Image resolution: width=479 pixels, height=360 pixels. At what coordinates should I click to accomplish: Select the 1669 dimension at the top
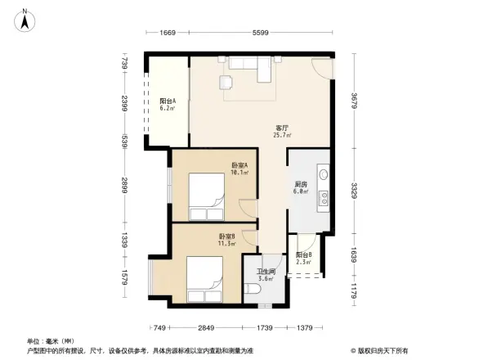click(168, 33)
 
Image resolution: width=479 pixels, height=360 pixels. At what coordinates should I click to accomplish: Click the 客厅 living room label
click(282, 128)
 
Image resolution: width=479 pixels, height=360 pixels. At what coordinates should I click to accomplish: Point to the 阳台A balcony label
click(167, 101)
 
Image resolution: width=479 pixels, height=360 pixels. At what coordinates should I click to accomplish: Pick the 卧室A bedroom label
click(239, 164)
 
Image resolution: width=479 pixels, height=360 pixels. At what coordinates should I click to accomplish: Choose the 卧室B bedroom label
click(227, 236)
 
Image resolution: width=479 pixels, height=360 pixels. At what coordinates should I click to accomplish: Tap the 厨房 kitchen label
click(300, 184)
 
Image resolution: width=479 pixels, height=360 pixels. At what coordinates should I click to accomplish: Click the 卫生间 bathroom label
click(266, 272)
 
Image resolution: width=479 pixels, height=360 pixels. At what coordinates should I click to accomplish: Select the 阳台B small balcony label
click(303, 254)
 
